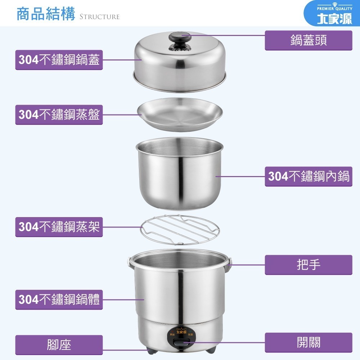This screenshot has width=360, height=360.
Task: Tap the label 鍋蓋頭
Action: click(309, 40)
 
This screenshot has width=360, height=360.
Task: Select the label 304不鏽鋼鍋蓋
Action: click(59, 60)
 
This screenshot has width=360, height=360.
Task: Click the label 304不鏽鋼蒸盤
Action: click(59, 115)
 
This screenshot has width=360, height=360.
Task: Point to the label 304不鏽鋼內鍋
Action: click(309, 176)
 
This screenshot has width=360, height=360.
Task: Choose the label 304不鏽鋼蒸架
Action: click(59, 227)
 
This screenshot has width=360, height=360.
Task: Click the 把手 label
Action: click(309, 265)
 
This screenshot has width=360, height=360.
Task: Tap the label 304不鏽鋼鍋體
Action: click(59, 300)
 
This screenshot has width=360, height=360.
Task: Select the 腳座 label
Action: click(59, 345)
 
